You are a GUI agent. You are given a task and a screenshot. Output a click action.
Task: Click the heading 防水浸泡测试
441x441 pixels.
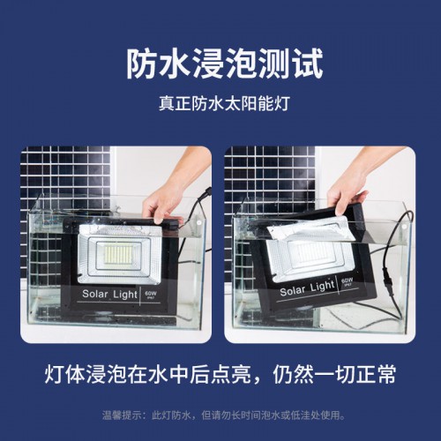point(220,64)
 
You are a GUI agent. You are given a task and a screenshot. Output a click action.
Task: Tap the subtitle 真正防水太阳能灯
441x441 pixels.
point(220,104)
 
